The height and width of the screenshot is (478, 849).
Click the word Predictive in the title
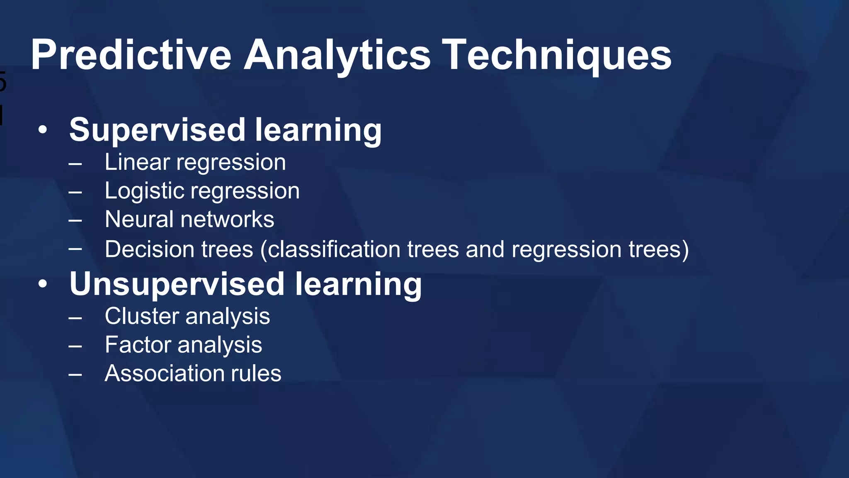(x=131, y=55)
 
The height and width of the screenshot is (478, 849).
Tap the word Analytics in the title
(x=337, y=55)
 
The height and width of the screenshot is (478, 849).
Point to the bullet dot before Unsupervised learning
(x=43, y=285)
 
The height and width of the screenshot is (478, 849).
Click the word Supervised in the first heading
(x=157, y=130)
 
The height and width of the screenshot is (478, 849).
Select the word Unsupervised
(x=177, y=285)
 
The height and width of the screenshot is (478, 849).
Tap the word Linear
(x=137, y=162)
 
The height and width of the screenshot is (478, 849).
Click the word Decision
(x=149, y=249)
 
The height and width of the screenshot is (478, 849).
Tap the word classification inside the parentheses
(x=334, y=249)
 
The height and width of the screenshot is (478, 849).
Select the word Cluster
(x=141, y=316)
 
